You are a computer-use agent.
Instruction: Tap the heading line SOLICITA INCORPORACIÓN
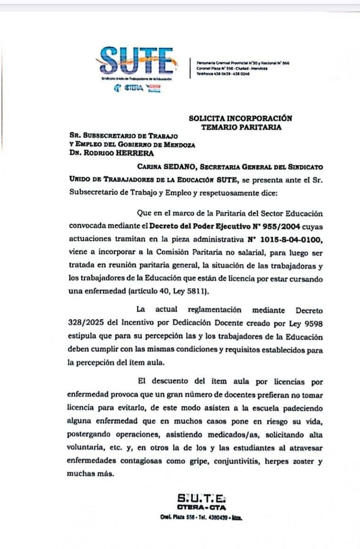[x=240, y=118]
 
